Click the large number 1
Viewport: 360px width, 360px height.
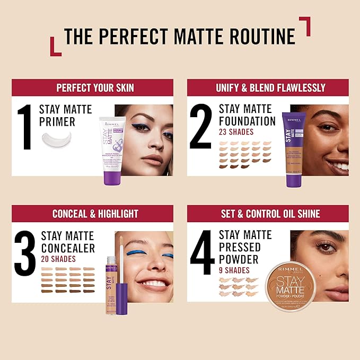(25, 127)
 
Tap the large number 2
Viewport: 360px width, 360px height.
(201, 127)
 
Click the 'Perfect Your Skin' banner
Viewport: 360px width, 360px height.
(95, 87)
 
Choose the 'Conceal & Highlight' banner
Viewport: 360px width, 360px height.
(95, 214)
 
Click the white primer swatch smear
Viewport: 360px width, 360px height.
(62, 141)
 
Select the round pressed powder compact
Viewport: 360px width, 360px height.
(291, 286)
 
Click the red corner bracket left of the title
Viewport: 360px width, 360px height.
(55, 47)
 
